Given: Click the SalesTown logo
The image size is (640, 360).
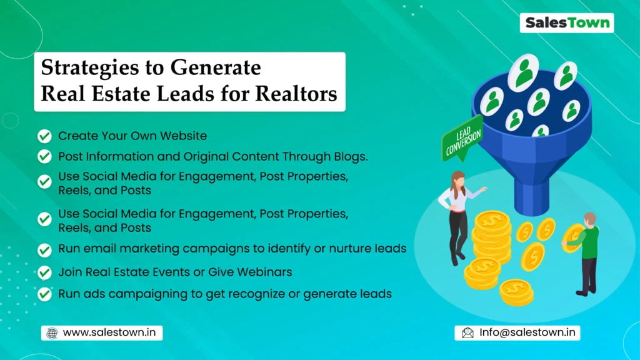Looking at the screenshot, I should (x=567, y=23).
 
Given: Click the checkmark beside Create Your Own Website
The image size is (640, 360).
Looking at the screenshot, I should (x=44, y=136).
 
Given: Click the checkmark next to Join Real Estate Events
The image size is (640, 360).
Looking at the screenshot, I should (x=44, y=272).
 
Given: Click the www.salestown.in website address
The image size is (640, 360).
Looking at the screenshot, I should (x=109, y=333).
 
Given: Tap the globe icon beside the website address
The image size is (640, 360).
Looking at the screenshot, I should (x=52, y=333).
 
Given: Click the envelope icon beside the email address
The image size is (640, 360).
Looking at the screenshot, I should (x=467, y=332).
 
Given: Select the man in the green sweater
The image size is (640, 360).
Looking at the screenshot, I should (x=589, y=250).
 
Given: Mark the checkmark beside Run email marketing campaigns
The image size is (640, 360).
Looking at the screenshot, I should (x=44, y=249).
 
